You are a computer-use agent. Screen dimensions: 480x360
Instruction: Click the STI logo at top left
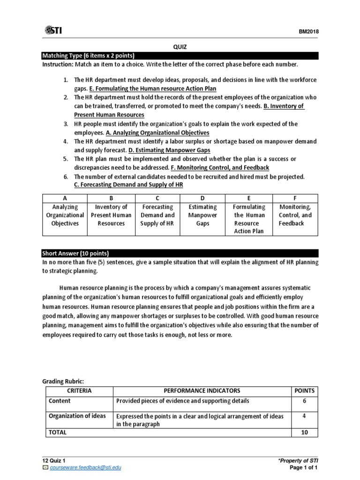click(53, 31)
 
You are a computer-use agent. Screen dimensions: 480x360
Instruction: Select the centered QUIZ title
click(180, 47)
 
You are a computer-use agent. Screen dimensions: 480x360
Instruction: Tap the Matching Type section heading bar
click(180, 56)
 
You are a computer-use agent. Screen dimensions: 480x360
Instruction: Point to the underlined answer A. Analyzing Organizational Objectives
click(157, 133)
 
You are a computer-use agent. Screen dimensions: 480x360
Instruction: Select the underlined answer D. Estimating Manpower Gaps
click(169, 150)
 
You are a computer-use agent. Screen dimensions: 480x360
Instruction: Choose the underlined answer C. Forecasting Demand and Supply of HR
click(128, 185)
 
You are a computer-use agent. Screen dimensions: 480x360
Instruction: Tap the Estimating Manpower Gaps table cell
click(202, 215)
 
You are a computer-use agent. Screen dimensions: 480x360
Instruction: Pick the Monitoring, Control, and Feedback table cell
click(295, 215)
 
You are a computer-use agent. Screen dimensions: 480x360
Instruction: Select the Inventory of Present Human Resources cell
click(111, 215)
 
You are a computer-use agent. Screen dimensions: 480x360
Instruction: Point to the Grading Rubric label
click(62, 382)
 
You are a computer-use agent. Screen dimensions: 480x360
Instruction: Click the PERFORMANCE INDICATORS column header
click(202, 390)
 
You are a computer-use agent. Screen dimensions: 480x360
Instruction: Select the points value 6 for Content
click(304, 401)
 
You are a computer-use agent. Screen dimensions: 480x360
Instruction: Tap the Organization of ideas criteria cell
click(77, 416)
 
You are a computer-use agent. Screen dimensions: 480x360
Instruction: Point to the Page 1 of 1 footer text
click(304, 467)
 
